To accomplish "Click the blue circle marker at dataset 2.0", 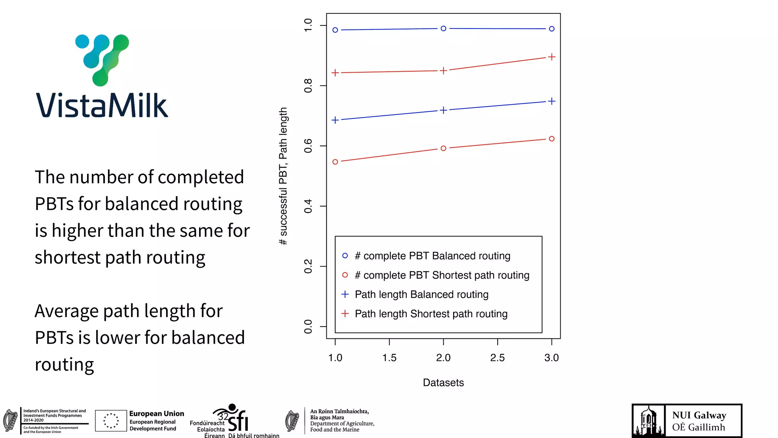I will pos(443,29).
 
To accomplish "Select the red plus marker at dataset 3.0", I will pos(552,57).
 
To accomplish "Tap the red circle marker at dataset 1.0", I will pos(335,162).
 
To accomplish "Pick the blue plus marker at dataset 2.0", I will pos(443,110).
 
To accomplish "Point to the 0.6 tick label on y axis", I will pos(308,146).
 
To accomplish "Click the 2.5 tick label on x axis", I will pos(497,358).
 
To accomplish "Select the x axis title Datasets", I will pos(443,382).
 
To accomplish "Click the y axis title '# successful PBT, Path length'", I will pos(283,176).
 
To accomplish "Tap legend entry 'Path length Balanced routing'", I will pos(421,295).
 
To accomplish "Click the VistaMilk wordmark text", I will pos(102,105).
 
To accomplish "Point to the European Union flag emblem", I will pos(111,421).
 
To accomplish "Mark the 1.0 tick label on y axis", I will pos(308,25).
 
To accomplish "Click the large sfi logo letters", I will pos(239,421).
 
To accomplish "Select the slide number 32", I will pos(223,417).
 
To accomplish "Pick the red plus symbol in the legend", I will pos(345,314).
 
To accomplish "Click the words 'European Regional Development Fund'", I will pos(153,425).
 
